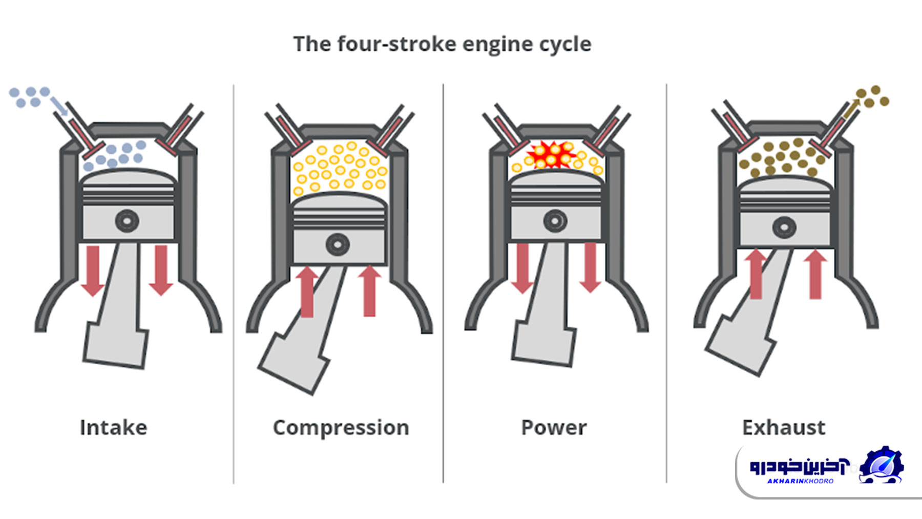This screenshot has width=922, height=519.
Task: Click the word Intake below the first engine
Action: pyautogui.click(x=113, y=427)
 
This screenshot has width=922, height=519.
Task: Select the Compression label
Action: pyautogui.click(x=341, y=427)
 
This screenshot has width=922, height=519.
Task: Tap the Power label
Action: pyautogui.click(x=554, y=427)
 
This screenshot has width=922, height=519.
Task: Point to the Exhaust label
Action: pyautogui.click(x=784, y=427)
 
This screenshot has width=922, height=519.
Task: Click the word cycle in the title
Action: pyautogui.click(x=568, y=44)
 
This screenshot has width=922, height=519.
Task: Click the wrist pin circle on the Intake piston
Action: pyautogui.click(x=127, y=221)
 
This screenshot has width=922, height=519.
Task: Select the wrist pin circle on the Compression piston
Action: pyautogui.click(x=338, y=244)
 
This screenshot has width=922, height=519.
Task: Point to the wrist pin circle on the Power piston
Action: pyautogui.click(x=555, y=221)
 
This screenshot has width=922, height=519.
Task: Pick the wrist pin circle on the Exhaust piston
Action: pyautogui.click(x=784, y=227)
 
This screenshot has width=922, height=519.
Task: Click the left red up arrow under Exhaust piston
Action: pyautogui.click(x=756, y=274)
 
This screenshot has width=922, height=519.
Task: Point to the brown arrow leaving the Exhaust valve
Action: pyautogui.click(x=851, y=107)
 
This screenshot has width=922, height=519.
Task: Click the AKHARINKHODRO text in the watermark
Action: pyautogui.click(x=800, y=481)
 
